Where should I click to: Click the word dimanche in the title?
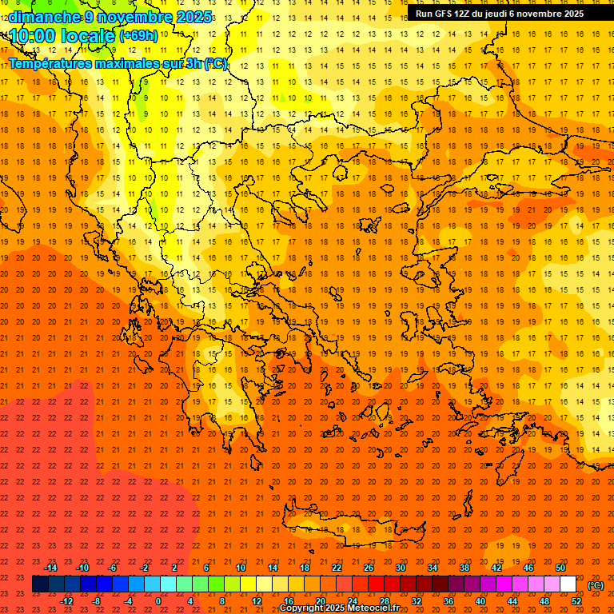point(44,17)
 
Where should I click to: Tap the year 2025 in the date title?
point(192,17)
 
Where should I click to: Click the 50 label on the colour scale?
point(560,568)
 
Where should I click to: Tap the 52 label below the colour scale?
point(576,601)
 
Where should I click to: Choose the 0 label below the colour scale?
point(159,601)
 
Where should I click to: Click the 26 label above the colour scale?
point(369,568)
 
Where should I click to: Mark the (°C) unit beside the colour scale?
point(596,585)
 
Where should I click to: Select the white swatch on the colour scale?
point(568,584)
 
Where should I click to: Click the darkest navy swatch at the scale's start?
point(40,584)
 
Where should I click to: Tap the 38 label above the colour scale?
point(464,568)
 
